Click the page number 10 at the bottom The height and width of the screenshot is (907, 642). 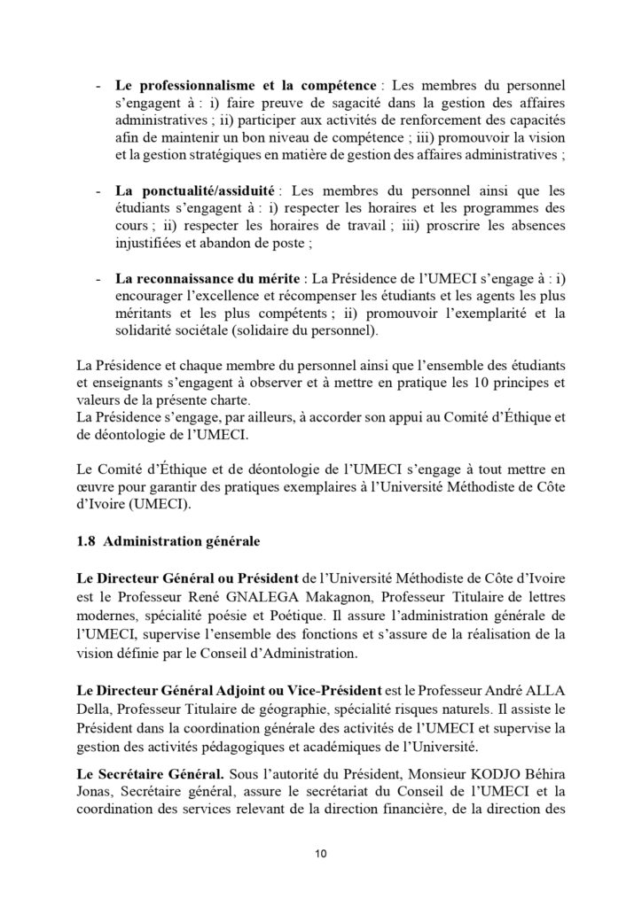point(321,854)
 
